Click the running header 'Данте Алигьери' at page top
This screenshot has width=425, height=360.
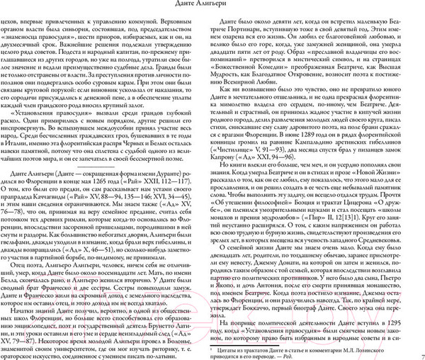(x=212, y=7)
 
